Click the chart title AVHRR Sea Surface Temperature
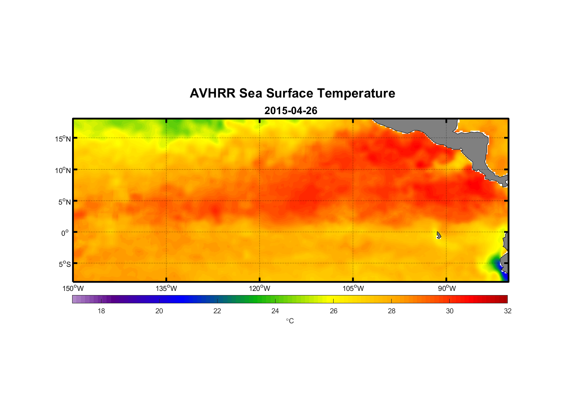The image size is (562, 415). [292, 93]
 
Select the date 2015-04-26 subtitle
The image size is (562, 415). [291, 111]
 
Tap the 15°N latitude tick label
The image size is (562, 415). [63, 139]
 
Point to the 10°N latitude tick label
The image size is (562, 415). [63, 170]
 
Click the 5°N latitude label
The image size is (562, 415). [64, 202]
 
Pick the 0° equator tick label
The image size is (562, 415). [65, 233]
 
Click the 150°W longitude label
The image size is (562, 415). [73, 288]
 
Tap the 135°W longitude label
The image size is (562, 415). [166, 288]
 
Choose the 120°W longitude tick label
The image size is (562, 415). [259, 288]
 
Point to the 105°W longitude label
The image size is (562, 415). [353, 288]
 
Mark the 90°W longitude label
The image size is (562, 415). [447, 288]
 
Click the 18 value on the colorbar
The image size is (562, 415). [101, 311]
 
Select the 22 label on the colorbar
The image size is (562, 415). [217, 311]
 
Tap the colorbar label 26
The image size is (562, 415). [334, 311]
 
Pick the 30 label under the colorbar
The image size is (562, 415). [450, 311]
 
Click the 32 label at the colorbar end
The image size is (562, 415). [508, 311]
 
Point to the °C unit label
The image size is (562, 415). [290, 321]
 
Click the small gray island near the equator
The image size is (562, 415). [438, 235]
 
